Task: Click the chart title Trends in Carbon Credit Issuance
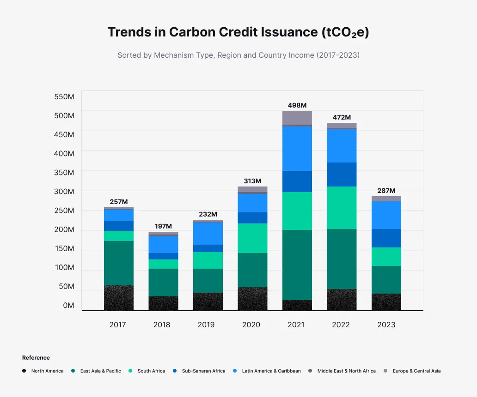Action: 238,32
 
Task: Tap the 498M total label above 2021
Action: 297,105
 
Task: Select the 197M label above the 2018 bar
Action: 163,226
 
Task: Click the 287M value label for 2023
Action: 386,191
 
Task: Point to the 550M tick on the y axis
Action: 64,97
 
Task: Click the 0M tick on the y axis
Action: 68,306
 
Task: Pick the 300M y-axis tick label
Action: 64,192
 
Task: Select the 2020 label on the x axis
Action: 251,325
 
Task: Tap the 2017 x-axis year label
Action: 117,325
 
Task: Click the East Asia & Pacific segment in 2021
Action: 297,265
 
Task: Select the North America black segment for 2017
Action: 119,298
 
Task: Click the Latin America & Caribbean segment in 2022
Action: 342,145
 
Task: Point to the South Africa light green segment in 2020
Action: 252,238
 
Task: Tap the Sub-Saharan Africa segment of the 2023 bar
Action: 386,238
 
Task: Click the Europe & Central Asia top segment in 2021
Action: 297,117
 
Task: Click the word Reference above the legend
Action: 36,358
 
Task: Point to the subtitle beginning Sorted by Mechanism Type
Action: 238,55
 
